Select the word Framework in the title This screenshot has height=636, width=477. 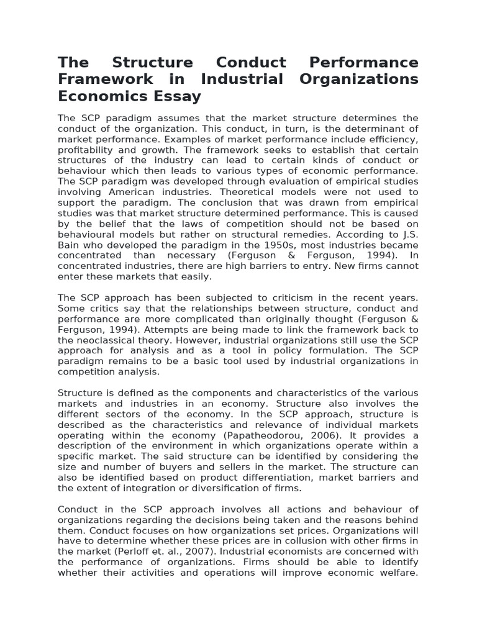click(x=105, y=79)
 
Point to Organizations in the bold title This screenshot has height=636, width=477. click(x=361, y=79)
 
